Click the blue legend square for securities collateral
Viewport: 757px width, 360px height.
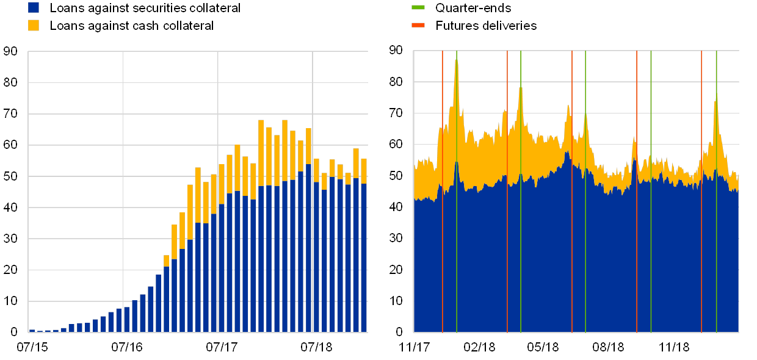coord(34,7)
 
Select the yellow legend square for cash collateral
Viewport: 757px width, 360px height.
coord(34,25)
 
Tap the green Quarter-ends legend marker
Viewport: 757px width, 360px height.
coord(418,7)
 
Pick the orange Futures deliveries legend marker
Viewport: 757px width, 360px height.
coord(418,25)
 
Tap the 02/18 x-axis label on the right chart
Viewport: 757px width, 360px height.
coord(479,347)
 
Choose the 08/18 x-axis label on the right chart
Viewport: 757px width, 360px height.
coord(609,347)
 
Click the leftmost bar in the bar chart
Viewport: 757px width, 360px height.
coord(32,331)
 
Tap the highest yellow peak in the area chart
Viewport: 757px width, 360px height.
coord(456,60)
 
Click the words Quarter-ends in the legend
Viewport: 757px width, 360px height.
coord(473,8)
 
